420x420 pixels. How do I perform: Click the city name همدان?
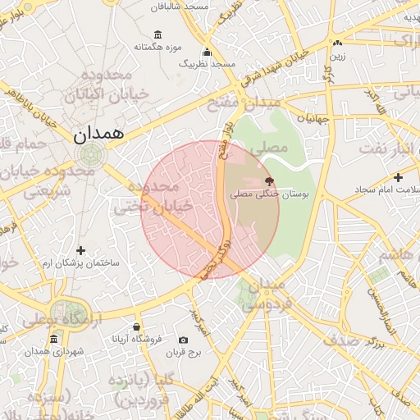tap(103, 135)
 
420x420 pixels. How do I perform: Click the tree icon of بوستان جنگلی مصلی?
tap(269, 180)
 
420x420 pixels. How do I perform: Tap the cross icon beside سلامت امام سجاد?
tap(398, 176)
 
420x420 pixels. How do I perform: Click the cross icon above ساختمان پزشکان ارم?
tap(80, 250)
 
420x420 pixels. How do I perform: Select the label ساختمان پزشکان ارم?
tap(81, 263)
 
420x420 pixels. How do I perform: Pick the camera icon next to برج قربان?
tap(182, 339)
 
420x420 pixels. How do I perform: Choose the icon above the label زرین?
tap(337, 43)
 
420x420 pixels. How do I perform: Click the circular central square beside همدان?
tap(90, 153)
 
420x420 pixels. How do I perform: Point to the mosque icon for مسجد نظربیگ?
tap(207, 50)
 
